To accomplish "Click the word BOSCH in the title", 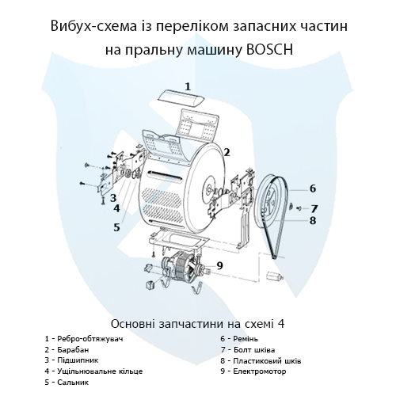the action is tap(269, 49).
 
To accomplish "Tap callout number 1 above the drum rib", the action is tap(188, 86).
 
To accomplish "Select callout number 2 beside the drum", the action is tap(227, 152).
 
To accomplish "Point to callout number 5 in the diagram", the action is tap(116, 227).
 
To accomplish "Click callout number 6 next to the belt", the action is tap(313, 188).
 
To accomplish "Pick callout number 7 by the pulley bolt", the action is tap(314, 209).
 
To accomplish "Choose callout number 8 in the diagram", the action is tap(313, 220).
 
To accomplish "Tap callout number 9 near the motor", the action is tap(219, 265).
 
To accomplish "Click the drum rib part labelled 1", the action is tap(181, 98).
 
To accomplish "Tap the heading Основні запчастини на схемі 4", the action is tap(197, 324).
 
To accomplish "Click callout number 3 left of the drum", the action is tap(113, 198).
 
